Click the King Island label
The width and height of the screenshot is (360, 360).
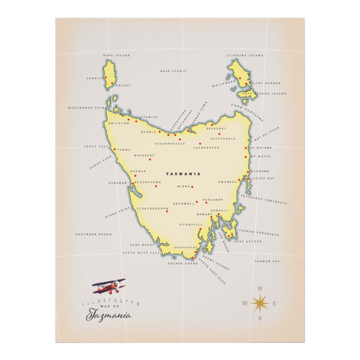(x=117, y=55)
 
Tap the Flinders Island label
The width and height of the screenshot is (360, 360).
(x=244, y=55)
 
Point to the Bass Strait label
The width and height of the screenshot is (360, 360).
(x=172, y=72)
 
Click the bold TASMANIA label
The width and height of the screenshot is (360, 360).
(x=183, y=174)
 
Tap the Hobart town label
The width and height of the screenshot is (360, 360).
(x=205, y=214)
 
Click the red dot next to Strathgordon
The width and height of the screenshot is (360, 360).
(x=167, y=211)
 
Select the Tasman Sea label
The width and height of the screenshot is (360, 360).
(x=267, y=261)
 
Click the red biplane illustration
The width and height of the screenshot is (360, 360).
(x=109, y=287)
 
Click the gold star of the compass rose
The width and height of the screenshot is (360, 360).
(x=260, y=303)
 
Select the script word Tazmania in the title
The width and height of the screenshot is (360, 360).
(x=108, y=316)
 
